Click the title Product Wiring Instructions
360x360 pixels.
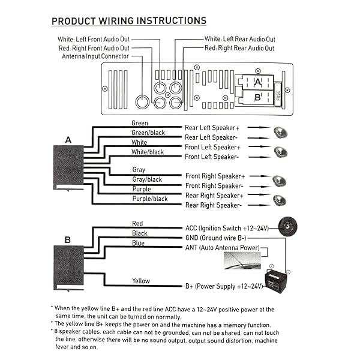point(128,21)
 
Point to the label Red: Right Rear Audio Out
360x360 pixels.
point(239,48)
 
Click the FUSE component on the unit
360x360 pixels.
point(278,95)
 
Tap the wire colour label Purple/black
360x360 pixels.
point(150,199)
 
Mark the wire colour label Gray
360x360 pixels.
point(139,170)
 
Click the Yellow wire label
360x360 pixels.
point(141,281)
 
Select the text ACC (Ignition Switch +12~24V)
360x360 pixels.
point(230,228)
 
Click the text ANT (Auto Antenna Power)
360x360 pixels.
point(223,247)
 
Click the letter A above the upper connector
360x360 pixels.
point(68,139)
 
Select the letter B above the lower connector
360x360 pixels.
point(67,239)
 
